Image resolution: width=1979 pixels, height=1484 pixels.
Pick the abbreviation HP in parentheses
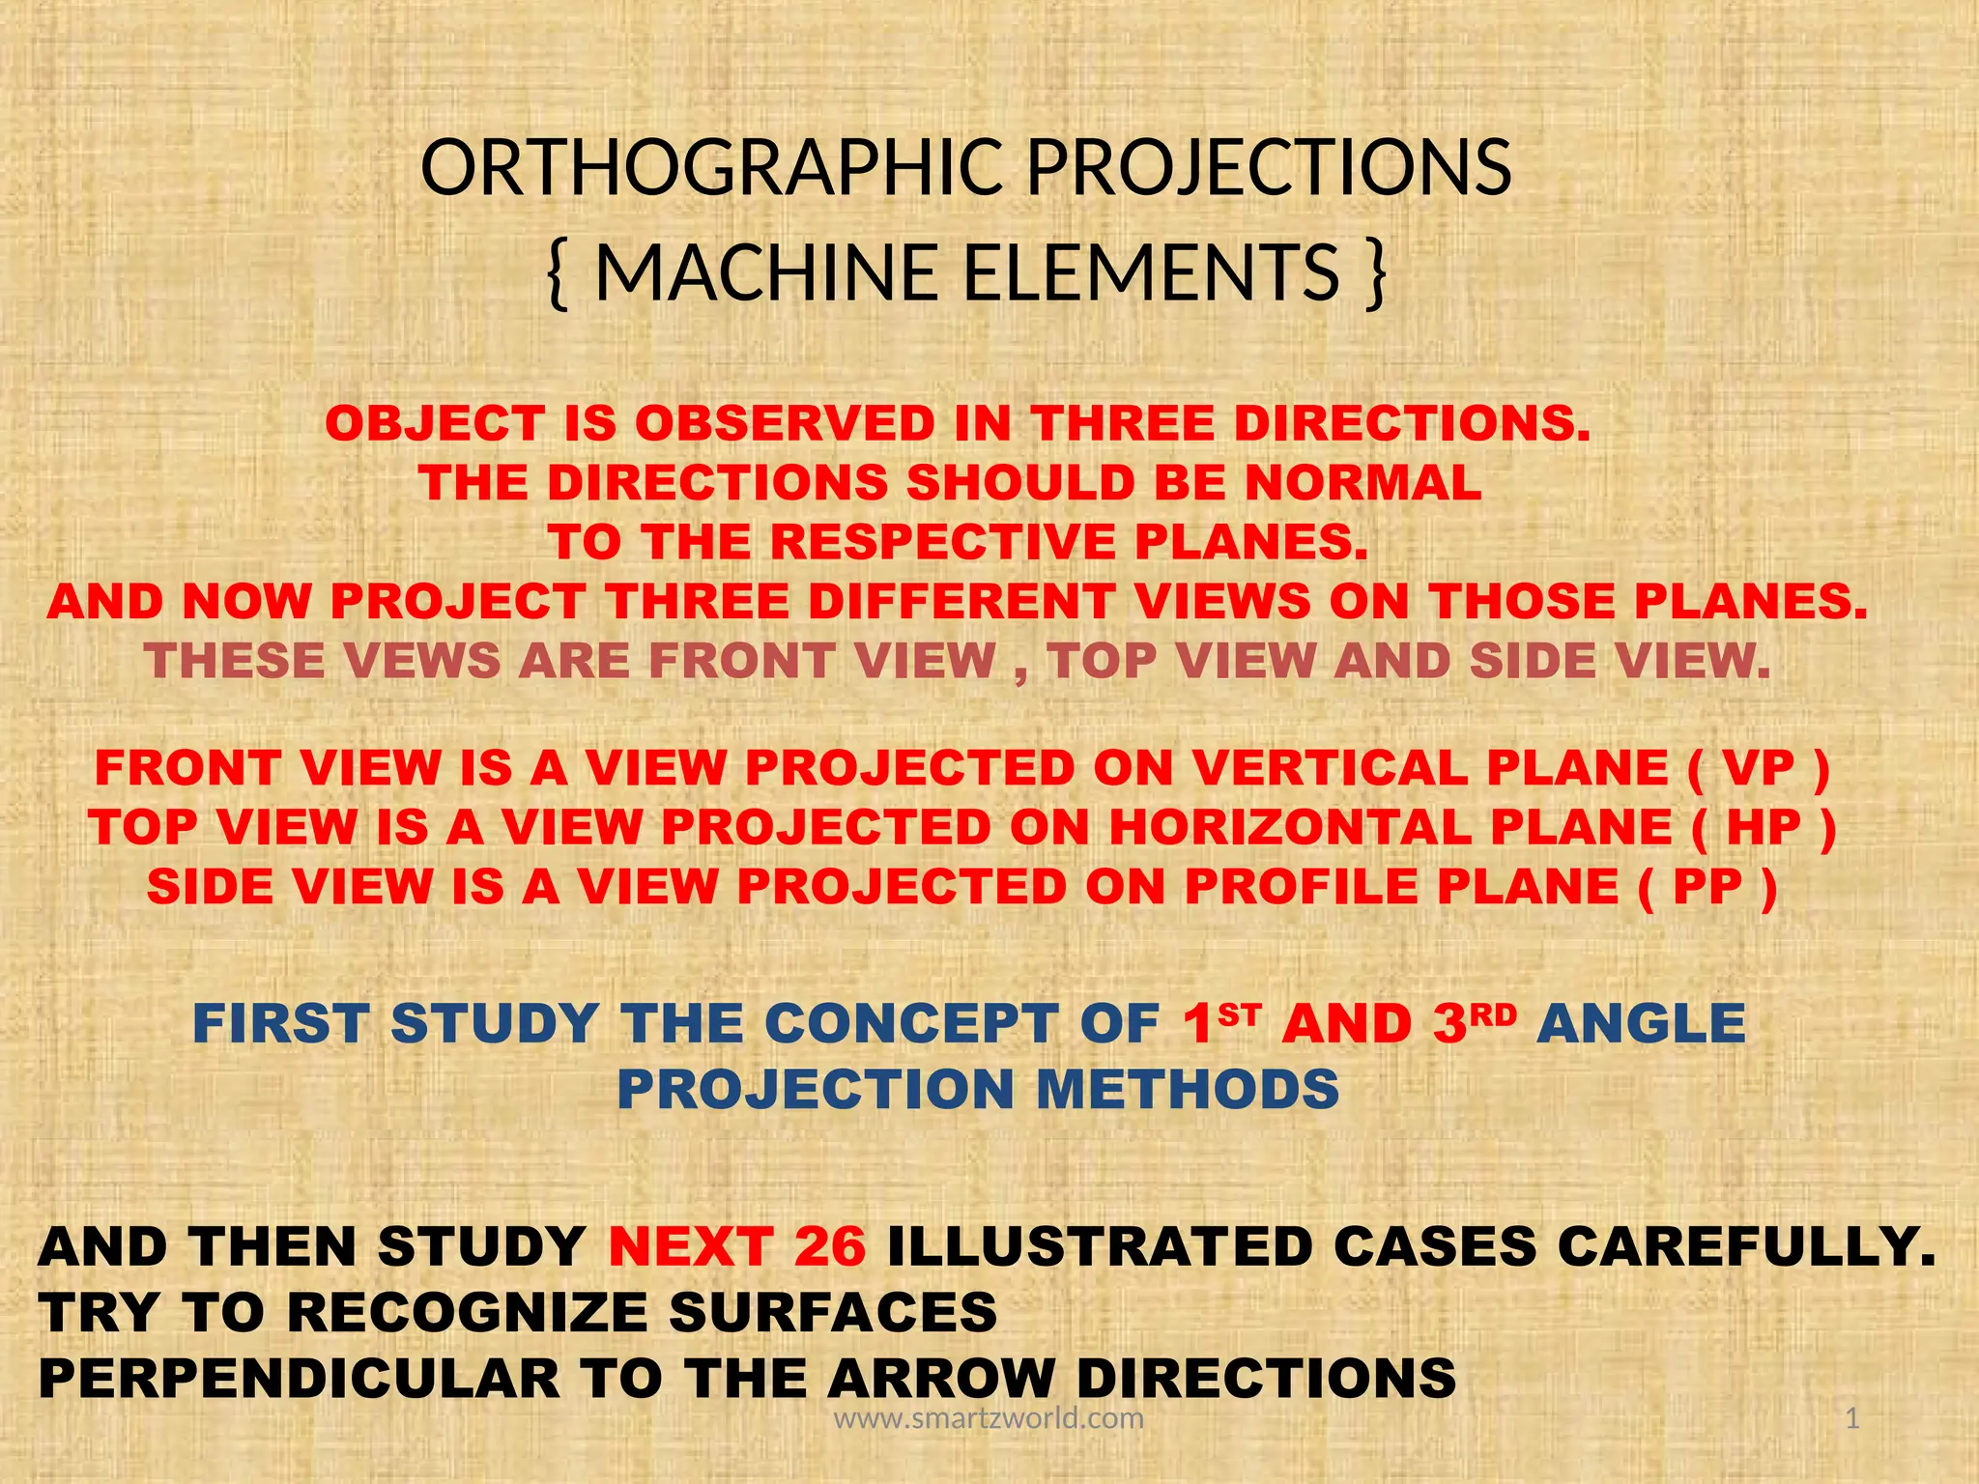pos(1764,828)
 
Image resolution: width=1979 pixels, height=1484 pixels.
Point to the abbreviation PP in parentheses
pos(1707,887)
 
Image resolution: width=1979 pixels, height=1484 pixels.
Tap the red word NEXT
pos(690,1246)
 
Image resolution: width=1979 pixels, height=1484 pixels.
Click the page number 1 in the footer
pos(1851,1418)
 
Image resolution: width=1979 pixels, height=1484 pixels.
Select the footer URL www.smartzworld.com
pos(989,1418)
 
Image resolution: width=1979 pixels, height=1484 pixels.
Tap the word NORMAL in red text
pos(1362,483)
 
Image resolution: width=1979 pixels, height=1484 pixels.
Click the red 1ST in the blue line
pos(1220,1023)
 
